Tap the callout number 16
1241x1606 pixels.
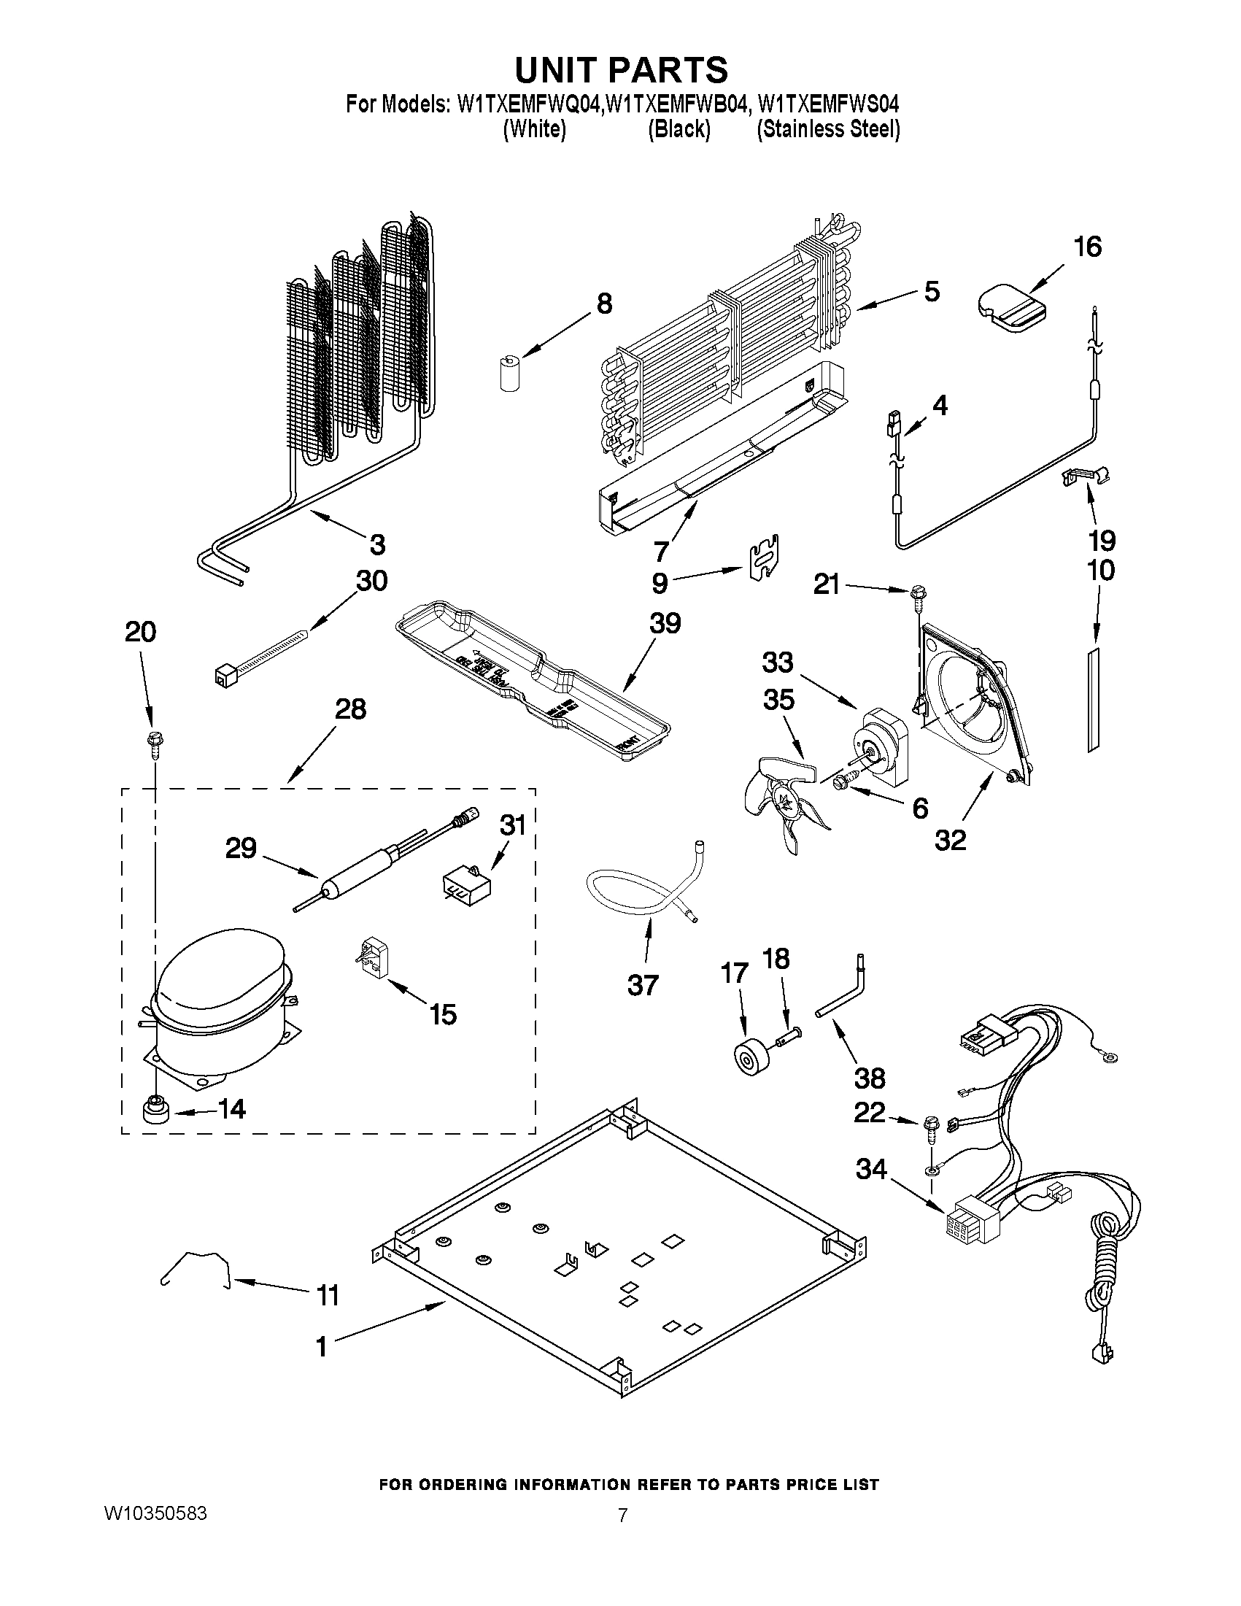[1088, 247]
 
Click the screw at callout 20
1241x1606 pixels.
[155, 741]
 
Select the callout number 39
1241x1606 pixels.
[665, 624]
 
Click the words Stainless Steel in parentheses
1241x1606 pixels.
[829, 129]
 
